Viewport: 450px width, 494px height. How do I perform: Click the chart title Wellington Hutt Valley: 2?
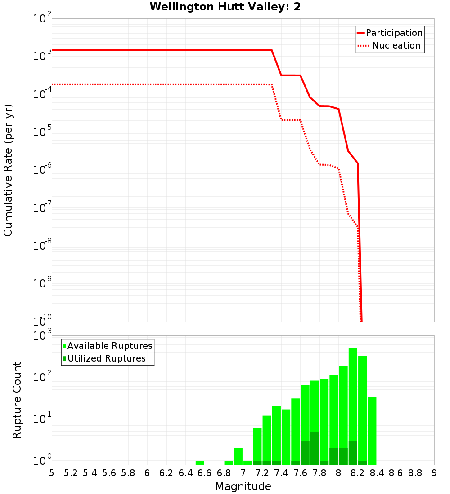pyautogui.click(x=225, y=7)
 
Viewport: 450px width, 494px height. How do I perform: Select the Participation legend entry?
pyautogui.click(x=394, y=33)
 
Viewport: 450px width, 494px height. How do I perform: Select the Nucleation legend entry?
pyautogui.click(x=396, y=45)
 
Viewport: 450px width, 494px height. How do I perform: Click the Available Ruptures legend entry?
pyautogui.click(x=110, y=346)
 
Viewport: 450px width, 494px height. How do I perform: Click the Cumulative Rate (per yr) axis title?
pyautogui.click(x=8, y=170)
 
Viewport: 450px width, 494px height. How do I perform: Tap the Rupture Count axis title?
pyautogui.click(x=17, y=400)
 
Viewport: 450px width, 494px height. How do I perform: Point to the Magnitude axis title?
pyautogui.click(x=243, y=486)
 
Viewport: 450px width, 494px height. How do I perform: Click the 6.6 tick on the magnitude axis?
pyautogui.click(x=204, y=473)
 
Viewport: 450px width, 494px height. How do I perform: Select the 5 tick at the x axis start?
pyautogui.click(x=52, y=473)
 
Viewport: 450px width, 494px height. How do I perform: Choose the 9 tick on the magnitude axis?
pyautogui.click(x=434, y=473)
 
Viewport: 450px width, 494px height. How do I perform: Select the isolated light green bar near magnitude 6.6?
pyautogui.click(x=200, y=463)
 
